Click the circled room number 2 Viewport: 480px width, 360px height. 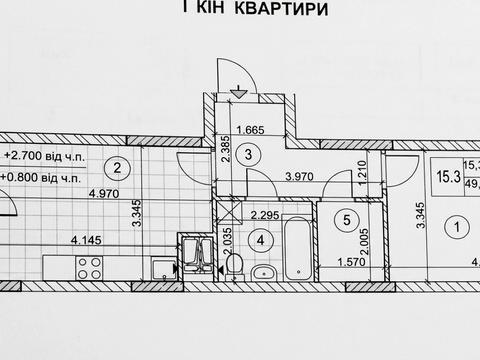(117, 167)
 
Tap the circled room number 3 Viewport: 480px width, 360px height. (253, 153)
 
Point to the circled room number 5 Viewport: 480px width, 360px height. (345, 218)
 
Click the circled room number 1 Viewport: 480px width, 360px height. (458, 228)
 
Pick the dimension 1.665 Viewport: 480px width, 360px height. (253, 128)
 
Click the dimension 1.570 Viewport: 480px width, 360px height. (337, 263)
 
